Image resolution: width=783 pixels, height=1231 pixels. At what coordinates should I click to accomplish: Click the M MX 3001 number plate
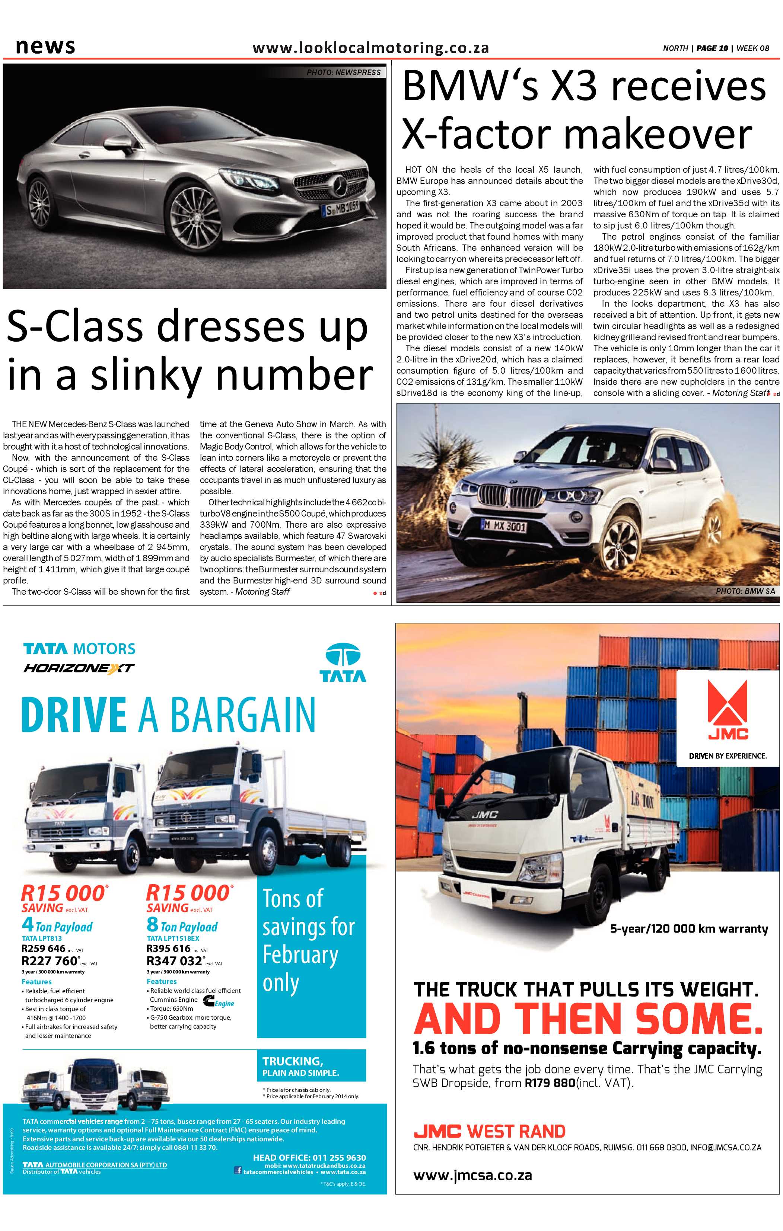[504, 526]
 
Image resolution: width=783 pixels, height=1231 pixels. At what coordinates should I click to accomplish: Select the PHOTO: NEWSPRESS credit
[344, 73]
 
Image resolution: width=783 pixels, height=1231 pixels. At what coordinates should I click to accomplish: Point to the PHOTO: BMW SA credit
[745, 591]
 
